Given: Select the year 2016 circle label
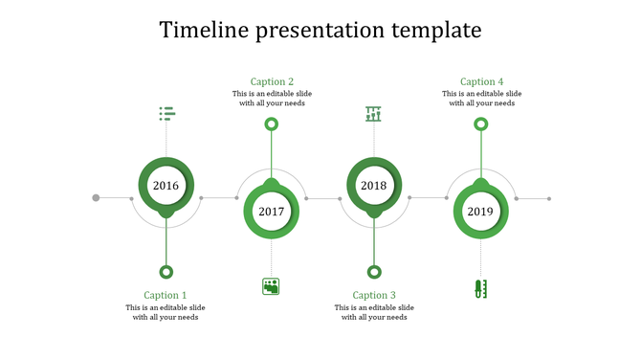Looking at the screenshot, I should pyautogui.click(x=166, y=186).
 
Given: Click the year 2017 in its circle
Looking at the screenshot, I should pyautogui.click(x=272, y=212).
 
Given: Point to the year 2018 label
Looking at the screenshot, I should pyautogui.click(x=374, y=186).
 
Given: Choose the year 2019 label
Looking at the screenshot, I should pyautogui.click(x=480, y=212).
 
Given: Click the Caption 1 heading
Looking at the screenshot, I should pyautogui.click(x=166, y=295).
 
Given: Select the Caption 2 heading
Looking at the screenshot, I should pyautogui.click(x=272, y=81).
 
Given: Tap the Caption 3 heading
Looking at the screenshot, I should pyautogui.click(x=374, y=295).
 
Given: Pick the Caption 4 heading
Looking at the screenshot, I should pyautogui.click(x=481, y=81).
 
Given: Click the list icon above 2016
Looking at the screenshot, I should pyautogui.click(x=166, y=114).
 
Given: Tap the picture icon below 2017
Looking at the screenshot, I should pyautogui.click(x=271, y=285).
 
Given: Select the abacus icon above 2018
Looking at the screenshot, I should pyautogui.click(x=373, y=114).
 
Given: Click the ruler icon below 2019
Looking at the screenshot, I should pyautogui.click(x=480, y=287).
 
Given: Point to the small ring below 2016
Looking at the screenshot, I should pyautogui.click(x=166, y=272).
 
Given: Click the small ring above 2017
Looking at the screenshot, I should pyautogui.click(x=272, y=124).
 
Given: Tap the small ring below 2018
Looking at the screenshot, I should pyautogui.click(x=374, y=272).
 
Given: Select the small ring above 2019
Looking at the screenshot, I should pyautogui.click(x=481, y=124).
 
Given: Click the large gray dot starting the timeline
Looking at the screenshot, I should pyautogui.click(x=96, y=198).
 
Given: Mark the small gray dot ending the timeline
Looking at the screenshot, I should pyautogui.click(x=549, y=199).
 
